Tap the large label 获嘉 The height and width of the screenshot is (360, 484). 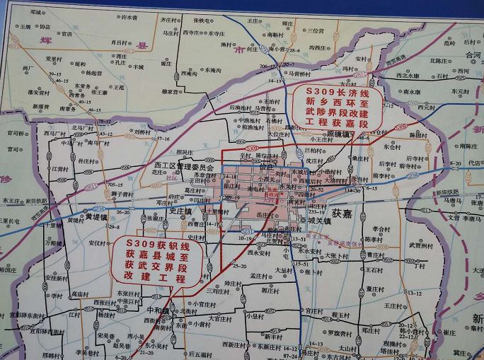342,211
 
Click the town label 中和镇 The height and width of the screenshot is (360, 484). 159,310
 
